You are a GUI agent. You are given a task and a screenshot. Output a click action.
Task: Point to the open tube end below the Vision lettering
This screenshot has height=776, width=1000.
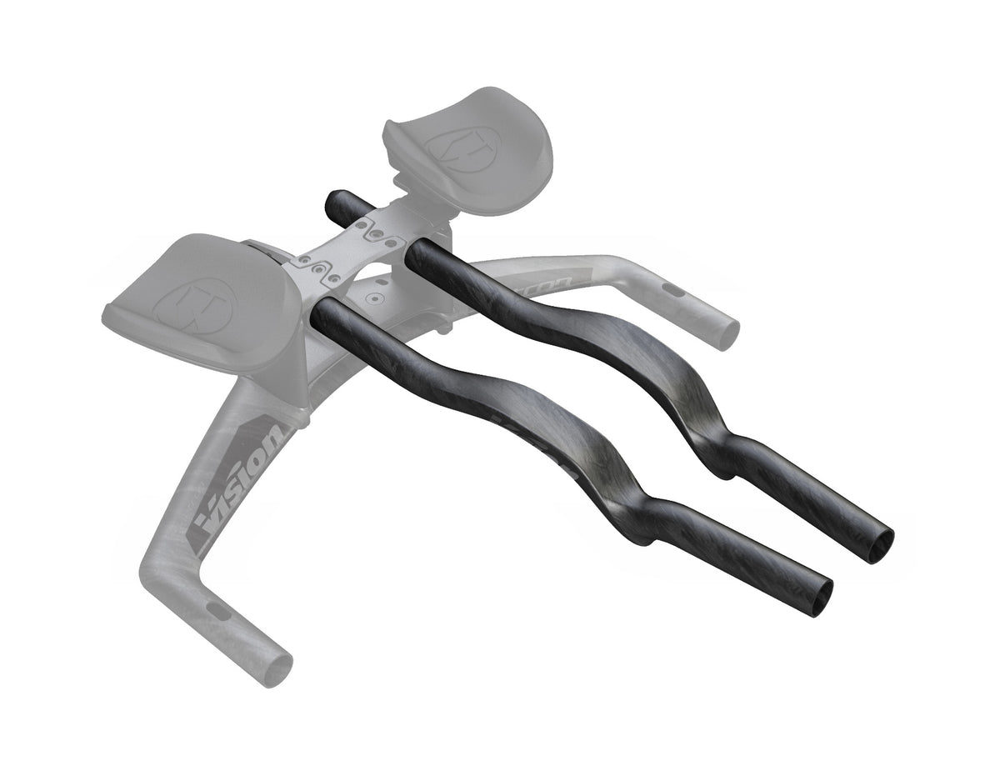click(x=280, y=668)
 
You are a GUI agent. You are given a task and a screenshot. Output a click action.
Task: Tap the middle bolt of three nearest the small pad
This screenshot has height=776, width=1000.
click(x=379, y=235)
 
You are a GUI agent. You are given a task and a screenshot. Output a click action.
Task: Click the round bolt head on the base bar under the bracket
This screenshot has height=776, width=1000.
click(x=376, y=296)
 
